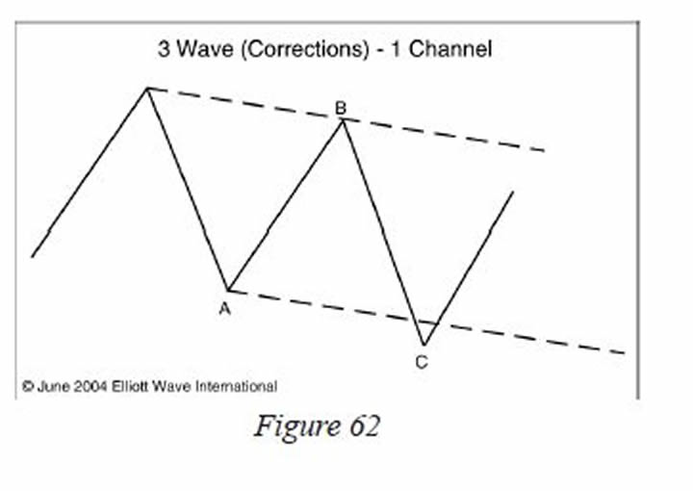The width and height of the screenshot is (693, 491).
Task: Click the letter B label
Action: [x=341, y=108]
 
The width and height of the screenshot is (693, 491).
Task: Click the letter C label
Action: [x=422, y=362]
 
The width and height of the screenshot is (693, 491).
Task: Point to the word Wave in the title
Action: [x=197, y=48]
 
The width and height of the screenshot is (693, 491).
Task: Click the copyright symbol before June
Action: [x=28, y=386]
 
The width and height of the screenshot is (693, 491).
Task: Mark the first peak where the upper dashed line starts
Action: [x=147, y=88]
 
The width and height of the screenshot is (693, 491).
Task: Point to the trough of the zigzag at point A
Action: [x=228, y=290]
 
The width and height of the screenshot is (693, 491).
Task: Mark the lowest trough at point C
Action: [x=423, y=345]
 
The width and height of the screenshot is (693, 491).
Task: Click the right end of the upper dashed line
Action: [x=545, y=150]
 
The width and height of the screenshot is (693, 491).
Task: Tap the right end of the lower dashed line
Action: [x=624, y=353]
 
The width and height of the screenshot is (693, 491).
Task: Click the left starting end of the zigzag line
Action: [x=33, y=256]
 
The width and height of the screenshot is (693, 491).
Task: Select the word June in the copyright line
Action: [x=57, y=386]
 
